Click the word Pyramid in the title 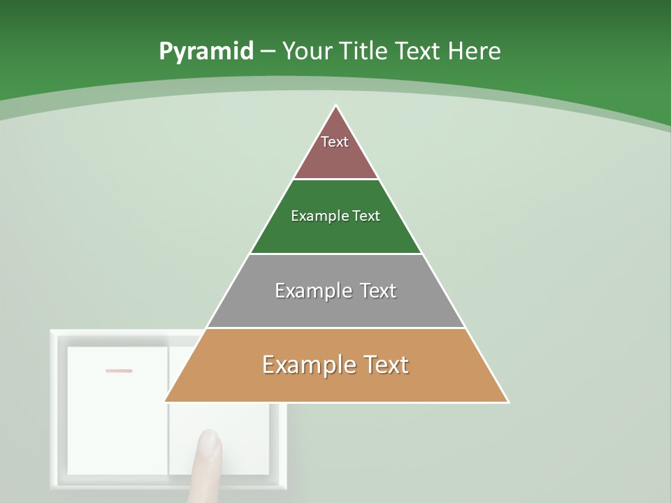205,52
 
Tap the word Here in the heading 474,52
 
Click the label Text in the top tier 335,142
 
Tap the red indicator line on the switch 119,370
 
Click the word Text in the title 419,52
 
